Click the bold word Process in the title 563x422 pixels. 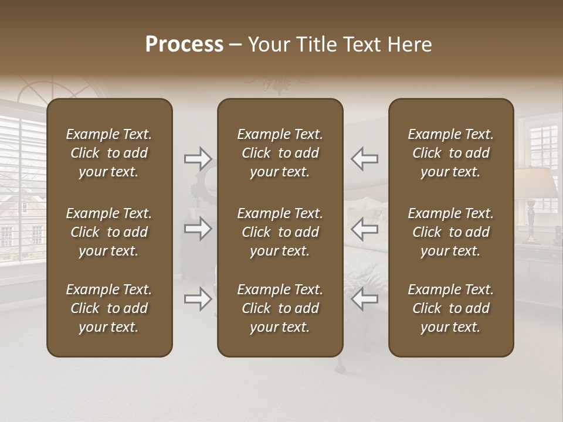(184, 45)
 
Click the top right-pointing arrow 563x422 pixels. (198, 158)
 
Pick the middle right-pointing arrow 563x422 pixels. (198, 229)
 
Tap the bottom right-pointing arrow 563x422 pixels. (198, 300)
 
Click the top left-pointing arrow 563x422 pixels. (364, 158)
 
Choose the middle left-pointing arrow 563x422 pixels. (364, 229)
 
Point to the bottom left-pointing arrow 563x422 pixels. (364, 300)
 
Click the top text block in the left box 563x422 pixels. (109, 153)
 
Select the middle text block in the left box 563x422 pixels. (109, 232)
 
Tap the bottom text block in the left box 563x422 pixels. (109, 308)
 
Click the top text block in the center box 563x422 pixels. (280, 153)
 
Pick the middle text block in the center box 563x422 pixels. (280, 232)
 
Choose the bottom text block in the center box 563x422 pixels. (280, 308)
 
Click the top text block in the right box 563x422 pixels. (450, 153)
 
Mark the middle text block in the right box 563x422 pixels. (450, 232)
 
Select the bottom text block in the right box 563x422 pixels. (450, 308)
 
